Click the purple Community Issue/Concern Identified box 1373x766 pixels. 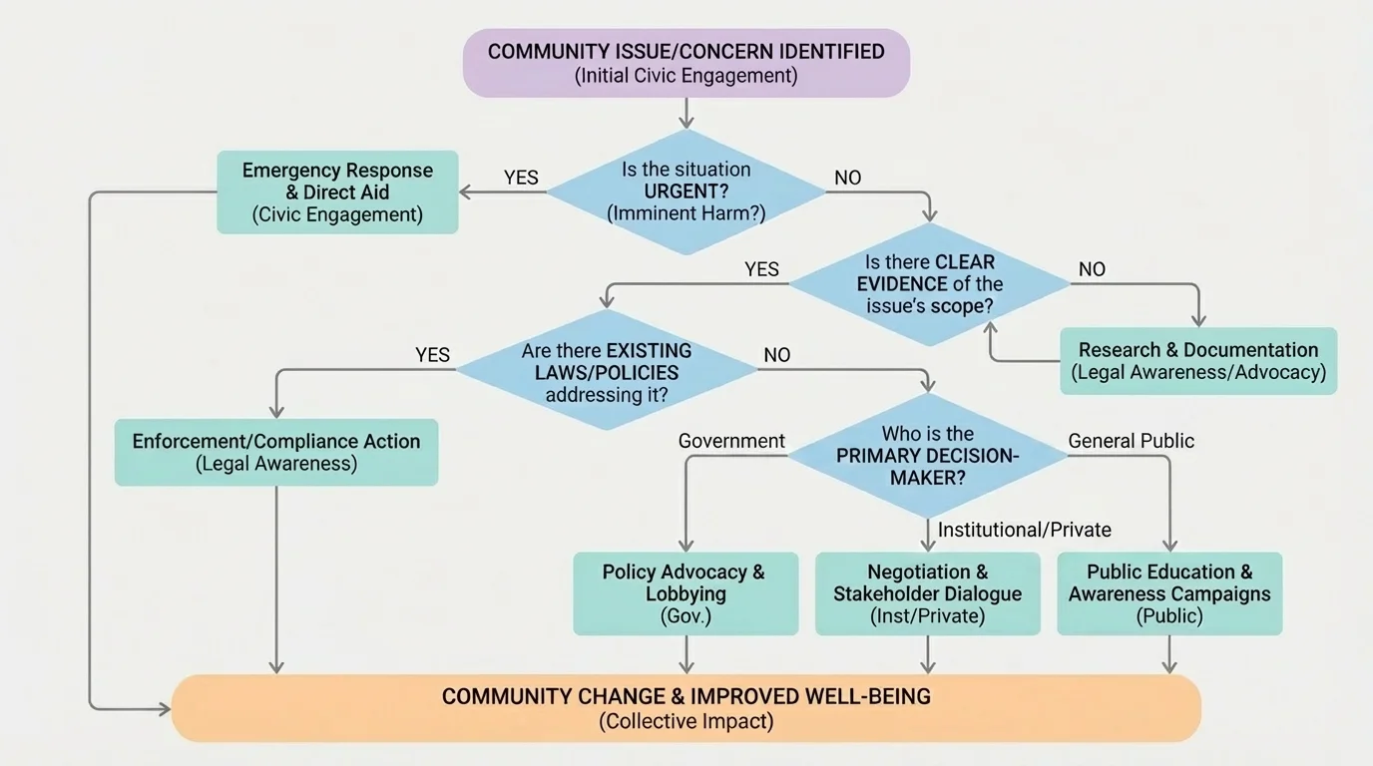(x=686, y=63)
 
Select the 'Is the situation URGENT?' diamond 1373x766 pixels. (x=686, y=191)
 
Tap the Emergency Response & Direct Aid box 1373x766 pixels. (x=337, y=191)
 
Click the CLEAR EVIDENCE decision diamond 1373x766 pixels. (x=929, y=284)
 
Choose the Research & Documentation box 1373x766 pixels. (x=1197, y=361)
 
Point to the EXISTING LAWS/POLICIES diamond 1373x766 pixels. (x=607, y=371)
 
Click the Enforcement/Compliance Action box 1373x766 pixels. (x=276, y=452)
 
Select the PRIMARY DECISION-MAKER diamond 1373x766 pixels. (x=928, y=456)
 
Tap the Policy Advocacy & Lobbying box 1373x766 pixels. (x=686, y=593)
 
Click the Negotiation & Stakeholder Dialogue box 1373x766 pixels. (x=928, y=593)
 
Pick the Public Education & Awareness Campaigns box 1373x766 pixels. (x=1169, y=593)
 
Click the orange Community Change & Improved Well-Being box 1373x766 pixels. (x=686, y=708)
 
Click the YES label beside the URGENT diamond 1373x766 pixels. (x=521, y=179)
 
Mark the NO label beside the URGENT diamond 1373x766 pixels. (x=847, y=179)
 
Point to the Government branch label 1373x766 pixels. (x=731, y=441)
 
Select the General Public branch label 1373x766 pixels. (x=1131, y=441)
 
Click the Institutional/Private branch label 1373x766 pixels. (x=1024, y=530)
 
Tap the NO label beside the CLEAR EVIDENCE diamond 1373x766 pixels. (x=1092, y=269)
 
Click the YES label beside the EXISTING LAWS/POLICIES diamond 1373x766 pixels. (x=432, y=355)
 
